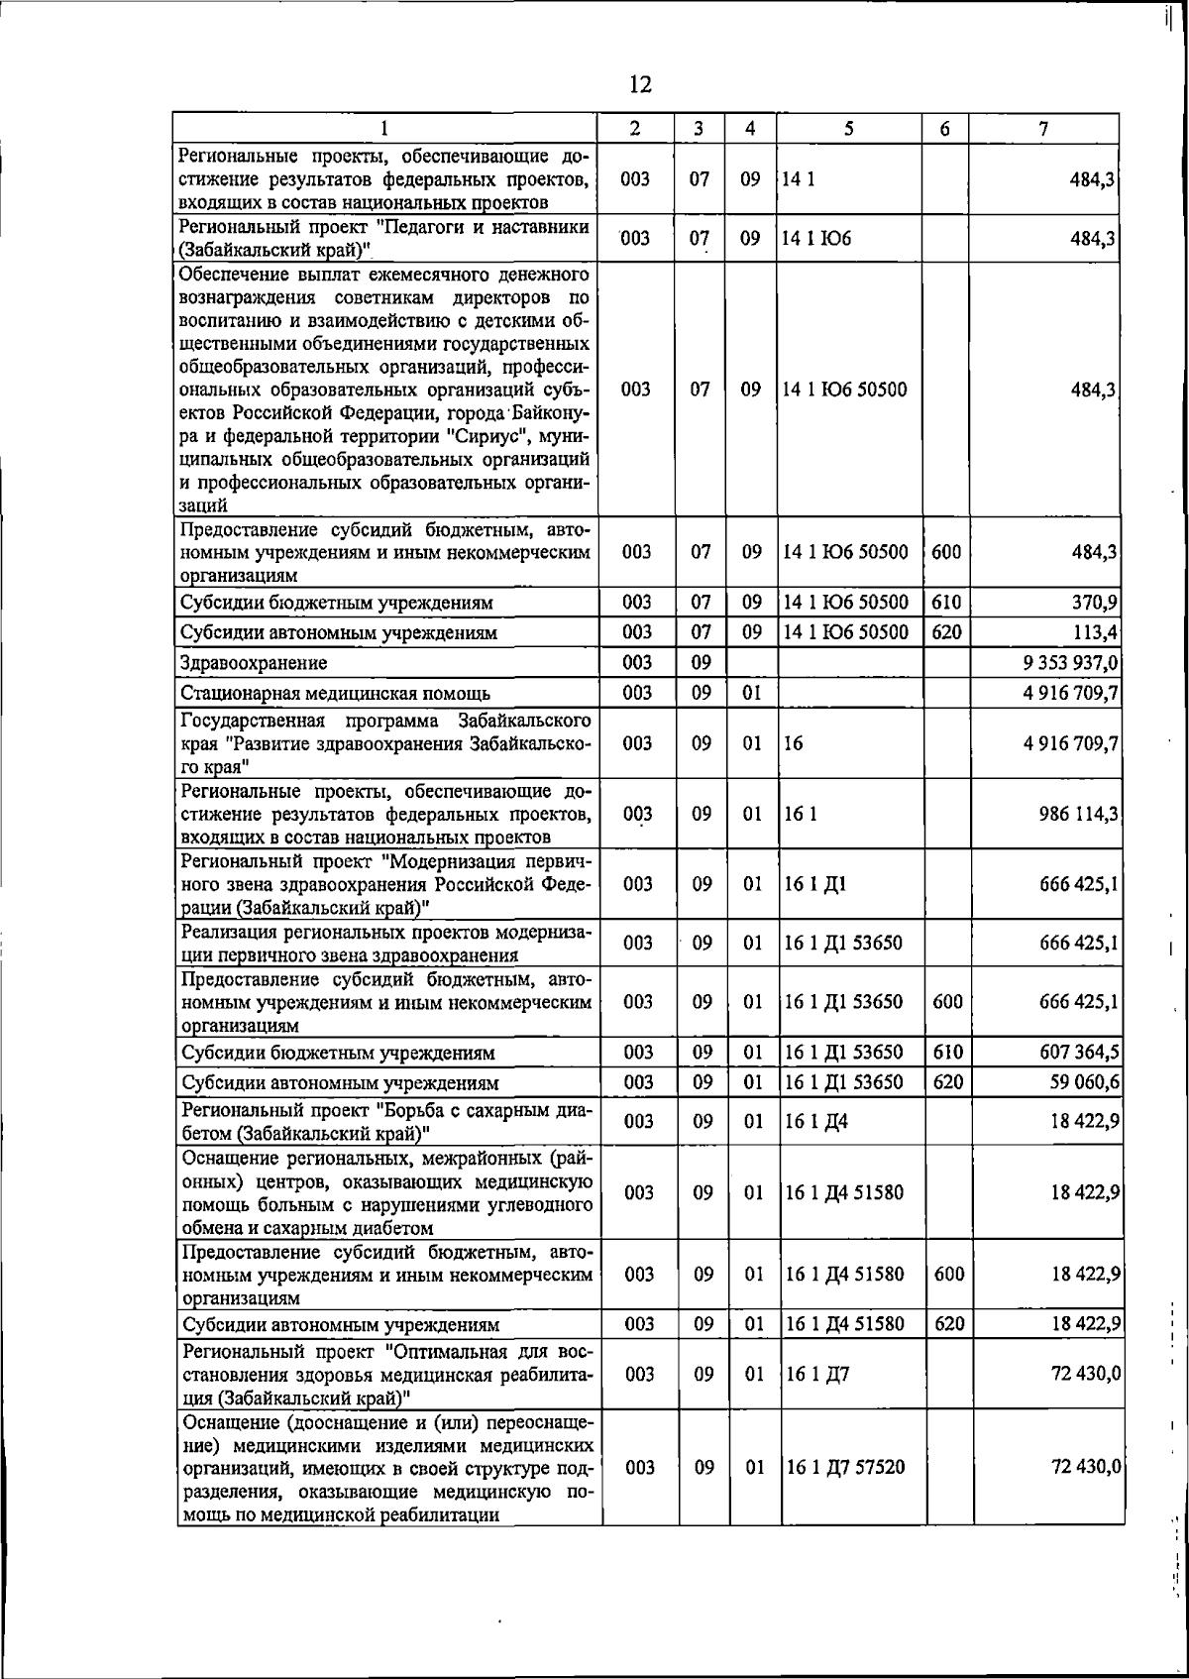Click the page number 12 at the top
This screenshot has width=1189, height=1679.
(640, 84)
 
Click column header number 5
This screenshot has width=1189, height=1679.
(849, 128)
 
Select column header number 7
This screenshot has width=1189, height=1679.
(1043, 128)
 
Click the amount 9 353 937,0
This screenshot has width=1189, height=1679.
(1071, 662)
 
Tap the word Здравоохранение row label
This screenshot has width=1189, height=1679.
(254, 662)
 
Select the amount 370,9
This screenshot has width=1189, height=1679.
(1094, 602)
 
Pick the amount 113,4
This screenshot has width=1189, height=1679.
(1094, 631)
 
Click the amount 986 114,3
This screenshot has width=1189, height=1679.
(1079, 814)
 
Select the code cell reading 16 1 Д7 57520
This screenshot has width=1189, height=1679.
(845, 1466)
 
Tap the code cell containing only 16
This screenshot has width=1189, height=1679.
(793, 743)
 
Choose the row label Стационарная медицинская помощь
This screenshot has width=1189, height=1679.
(335, 693)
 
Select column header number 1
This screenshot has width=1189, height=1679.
(384, 128)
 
